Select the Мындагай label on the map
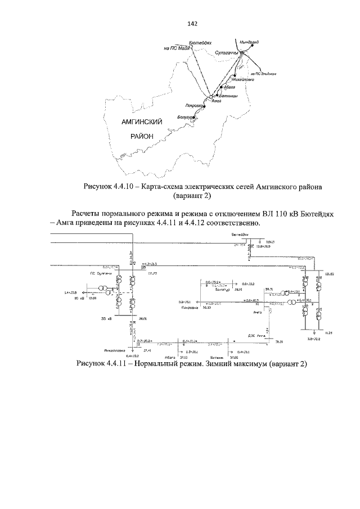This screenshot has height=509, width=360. (248, 42)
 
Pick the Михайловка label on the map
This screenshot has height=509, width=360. (242, 79)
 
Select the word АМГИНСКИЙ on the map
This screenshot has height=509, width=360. (142, 121)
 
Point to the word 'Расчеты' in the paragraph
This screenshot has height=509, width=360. (88, 214)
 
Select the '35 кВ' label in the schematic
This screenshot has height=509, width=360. (107, 318)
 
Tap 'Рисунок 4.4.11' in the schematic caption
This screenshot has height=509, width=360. (103, 364)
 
